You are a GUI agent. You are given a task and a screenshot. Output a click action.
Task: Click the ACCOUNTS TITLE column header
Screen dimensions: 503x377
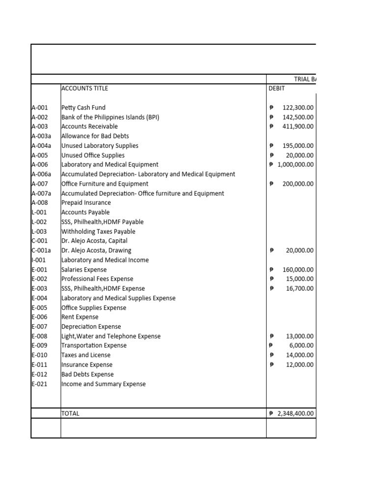(x=84, y=88)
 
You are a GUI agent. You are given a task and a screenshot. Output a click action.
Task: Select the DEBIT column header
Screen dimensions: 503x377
(x=277, y=88)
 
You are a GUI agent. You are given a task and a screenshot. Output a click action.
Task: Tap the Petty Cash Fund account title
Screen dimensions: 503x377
(x=83, y=108)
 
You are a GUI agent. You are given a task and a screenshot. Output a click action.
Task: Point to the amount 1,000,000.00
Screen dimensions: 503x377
(x=295, y=165)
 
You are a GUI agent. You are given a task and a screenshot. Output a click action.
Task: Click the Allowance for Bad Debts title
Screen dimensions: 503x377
(x=95, y=136)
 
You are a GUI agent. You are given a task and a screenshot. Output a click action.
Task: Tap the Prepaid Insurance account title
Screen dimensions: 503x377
(x=86, y=203)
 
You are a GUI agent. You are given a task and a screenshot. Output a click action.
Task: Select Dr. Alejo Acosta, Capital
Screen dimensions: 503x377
(x=94, y=241)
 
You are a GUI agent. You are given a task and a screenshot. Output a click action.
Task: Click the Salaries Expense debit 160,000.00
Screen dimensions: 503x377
(x=298, y=270)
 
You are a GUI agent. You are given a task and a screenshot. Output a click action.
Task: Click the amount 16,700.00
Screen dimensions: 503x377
(x=299, y=289)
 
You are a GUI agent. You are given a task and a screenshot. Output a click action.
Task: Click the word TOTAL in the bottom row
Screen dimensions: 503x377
(x=70, y=414)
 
